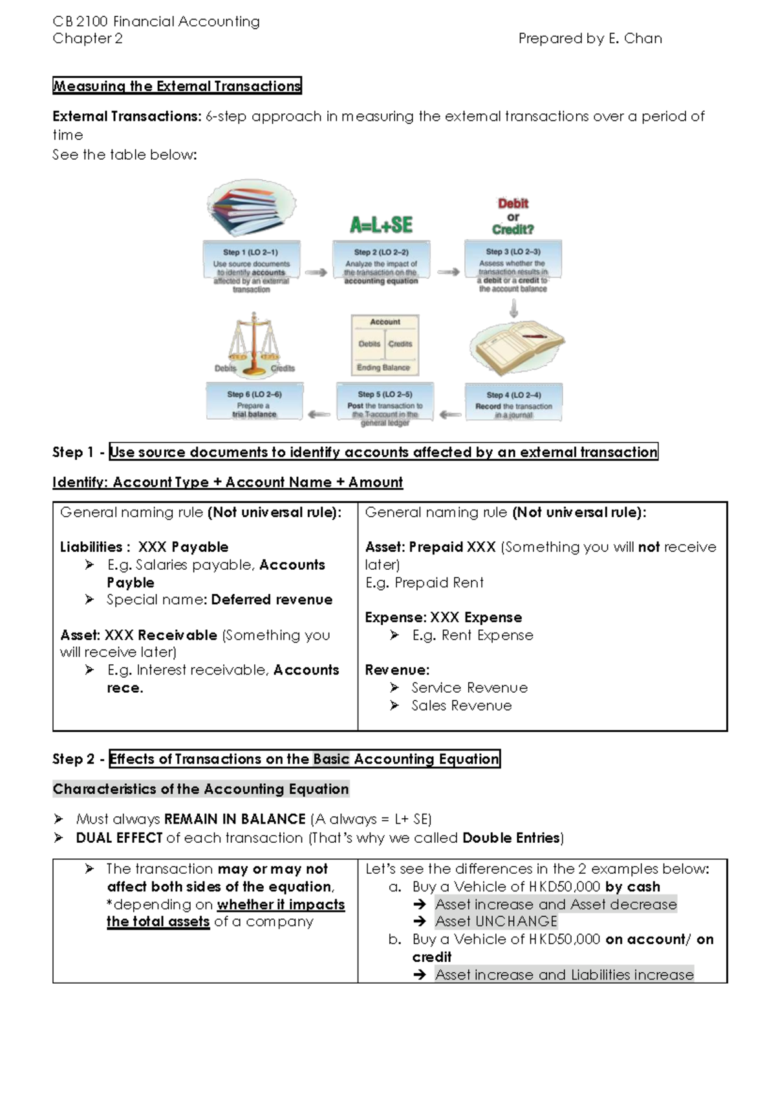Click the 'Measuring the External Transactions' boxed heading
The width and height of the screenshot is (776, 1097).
177,86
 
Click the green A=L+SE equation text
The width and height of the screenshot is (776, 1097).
381,224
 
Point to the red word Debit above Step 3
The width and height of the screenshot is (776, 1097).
513,203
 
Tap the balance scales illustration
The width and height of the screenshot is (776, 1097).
254,345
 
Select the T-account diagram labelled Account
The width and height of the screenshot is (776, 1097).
385,345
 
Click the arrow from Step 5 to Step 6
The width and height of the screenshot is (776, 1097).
319,414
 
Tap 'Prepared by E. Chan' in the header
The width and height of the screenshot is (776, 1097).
590,39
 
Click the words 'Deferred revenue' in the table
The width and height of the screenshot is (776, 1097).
272,600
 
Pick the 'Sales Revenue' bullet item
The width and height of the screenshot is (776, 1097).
461,706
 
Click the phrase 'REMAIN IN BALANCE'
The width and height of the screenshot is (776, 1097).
235,819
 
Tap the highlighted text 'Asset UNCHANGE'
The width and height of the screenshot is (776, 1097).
496,921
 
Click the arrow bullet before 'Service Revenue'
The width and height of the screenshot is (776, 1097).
394,688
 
